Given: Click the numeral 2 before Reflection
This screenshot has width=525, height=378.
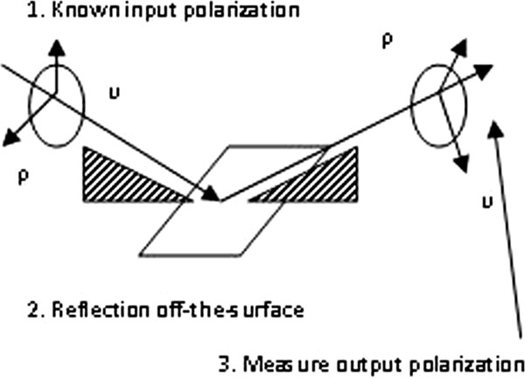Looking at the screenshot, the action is pyautogui.click(x=33, y=310).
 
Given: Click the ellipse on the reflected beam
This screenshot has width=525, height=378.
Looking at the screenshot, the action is pyautogui.click(x=411, y=106).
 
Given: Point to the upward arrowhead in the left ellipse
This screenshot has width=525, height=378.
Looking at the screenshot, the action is pyautogui.click(x=57, y=47).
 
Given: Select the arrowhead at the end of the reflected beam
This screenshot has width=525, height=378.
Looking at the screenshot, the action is pyautogui.click(x=483, y=71).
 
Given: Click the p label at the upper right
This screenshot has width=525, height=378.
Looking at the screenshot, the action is pyautogui.click(x=388, y=42).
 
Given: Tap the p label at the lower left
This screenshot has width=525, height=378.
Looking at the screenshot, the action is pyautogui.click(x=23, y=177).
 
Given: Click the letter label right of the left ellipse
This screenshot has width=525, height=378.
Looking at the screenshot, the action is pyautogui.click(x=115, y=94).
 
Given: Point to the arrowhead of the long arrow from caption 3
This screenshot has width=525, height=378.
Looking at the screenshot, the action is pyautogui.click(x=494, y=129).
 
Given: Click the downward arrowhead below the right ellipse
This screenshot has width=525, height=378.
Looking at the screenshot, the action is pyautogui.click(x=461, y=164).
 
